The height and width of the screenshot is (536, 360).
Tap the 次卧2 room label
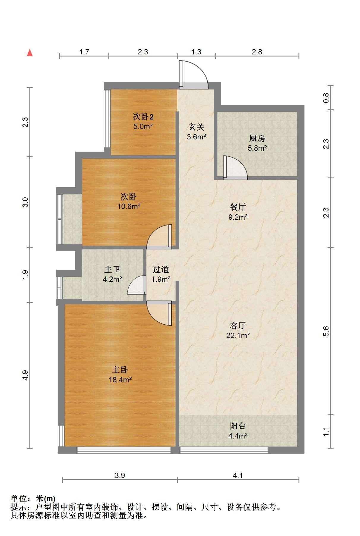[143, 116]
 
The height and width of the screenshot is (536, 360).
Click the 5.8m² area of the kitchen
[257, 148]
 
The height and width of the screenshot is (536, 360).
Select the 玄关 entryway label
[197, 127]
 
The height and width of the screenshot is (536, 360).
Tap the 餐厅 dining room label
[238, 207]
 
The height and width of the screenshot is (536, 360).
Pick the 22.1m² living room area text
[238, 335]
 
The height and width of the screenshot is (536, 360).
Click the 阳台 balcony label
[238, 426]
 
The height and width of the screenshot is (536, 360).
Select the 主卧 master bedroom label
[120, 370]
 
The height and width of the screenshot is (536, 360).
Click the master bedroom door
[160, 313]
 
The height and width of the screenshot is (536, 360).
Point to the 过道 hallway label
[161, 269]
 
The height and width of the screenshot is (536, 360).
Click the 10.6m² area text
[129, 206]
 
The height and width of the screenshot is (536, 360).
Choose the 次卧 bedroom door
[160, 237]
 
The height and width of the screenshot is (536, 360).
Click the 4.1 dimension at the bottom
[238, 475]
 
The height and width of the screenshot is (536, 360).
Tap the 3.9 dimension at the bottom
[120, 475]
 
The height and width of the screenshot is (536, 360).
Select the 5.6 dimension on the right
[326, 331]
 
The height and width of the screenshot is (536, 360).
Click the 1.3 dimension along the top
[196, 52]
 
